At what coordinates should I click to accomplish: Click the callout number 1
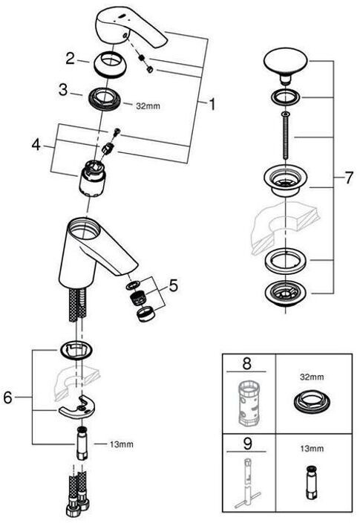(212, 105)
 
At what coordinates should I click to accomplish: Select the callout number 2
(71, 59)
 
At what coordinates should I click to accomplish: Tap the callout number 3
(63, 90)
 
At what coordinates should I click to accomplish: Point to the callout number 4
(36, 145)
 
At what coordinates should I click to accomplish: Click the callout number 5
(174, 285)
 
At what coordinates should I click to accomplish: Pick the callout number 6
(7, 397)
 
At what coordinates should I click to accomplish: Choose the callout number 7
(348, 178)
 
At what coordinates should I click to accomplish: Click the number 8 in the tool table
(246, 363)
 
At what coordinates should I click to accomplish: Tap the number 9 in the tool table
(247, 444)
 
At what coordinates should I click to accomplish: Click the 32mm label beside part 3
(148, 106)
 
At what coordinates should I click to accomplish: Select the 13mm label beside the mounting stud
(121, 444)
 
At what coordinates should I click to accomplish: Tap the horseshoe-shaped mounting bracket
(76, 406)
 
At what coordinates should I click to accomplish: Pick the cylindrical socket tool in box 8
(249, 403)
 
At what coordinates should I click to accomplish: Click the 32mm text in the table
(312, 377)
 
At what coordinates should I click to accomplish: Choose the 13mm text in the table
(312, 449)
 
